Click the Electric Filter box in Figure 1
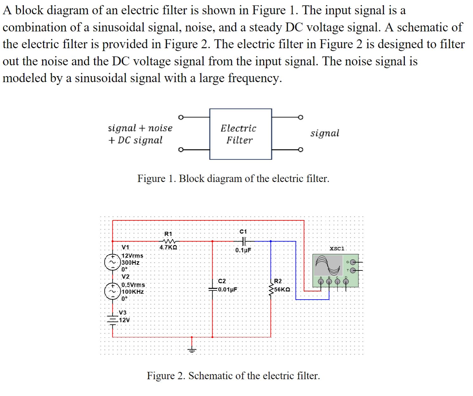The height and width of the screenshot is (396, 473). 240,134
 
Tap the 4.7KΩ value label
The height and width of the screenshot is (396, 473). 168,247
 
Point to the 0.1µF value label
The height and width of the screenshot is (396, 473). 243,250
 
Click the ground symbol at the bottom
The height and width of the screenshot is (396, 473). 191,349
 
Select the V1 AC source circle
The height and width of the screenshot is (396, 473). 111,263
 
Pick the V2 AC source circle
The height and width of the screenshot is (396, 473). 111,291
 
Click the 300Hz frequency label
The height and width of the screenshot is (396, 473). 131,263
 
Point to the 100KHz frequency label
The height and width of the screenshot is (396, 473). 133,292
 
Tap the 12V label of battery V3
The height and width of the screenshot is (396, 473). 125,320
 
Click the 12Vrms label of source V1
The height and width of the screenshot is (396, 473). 132,256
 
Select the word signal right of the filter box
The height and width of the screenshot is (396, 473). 325,133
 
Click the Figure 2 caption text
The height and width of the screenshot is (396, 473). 233,376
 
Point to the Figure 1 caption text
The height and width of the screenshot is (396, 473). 233,179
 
